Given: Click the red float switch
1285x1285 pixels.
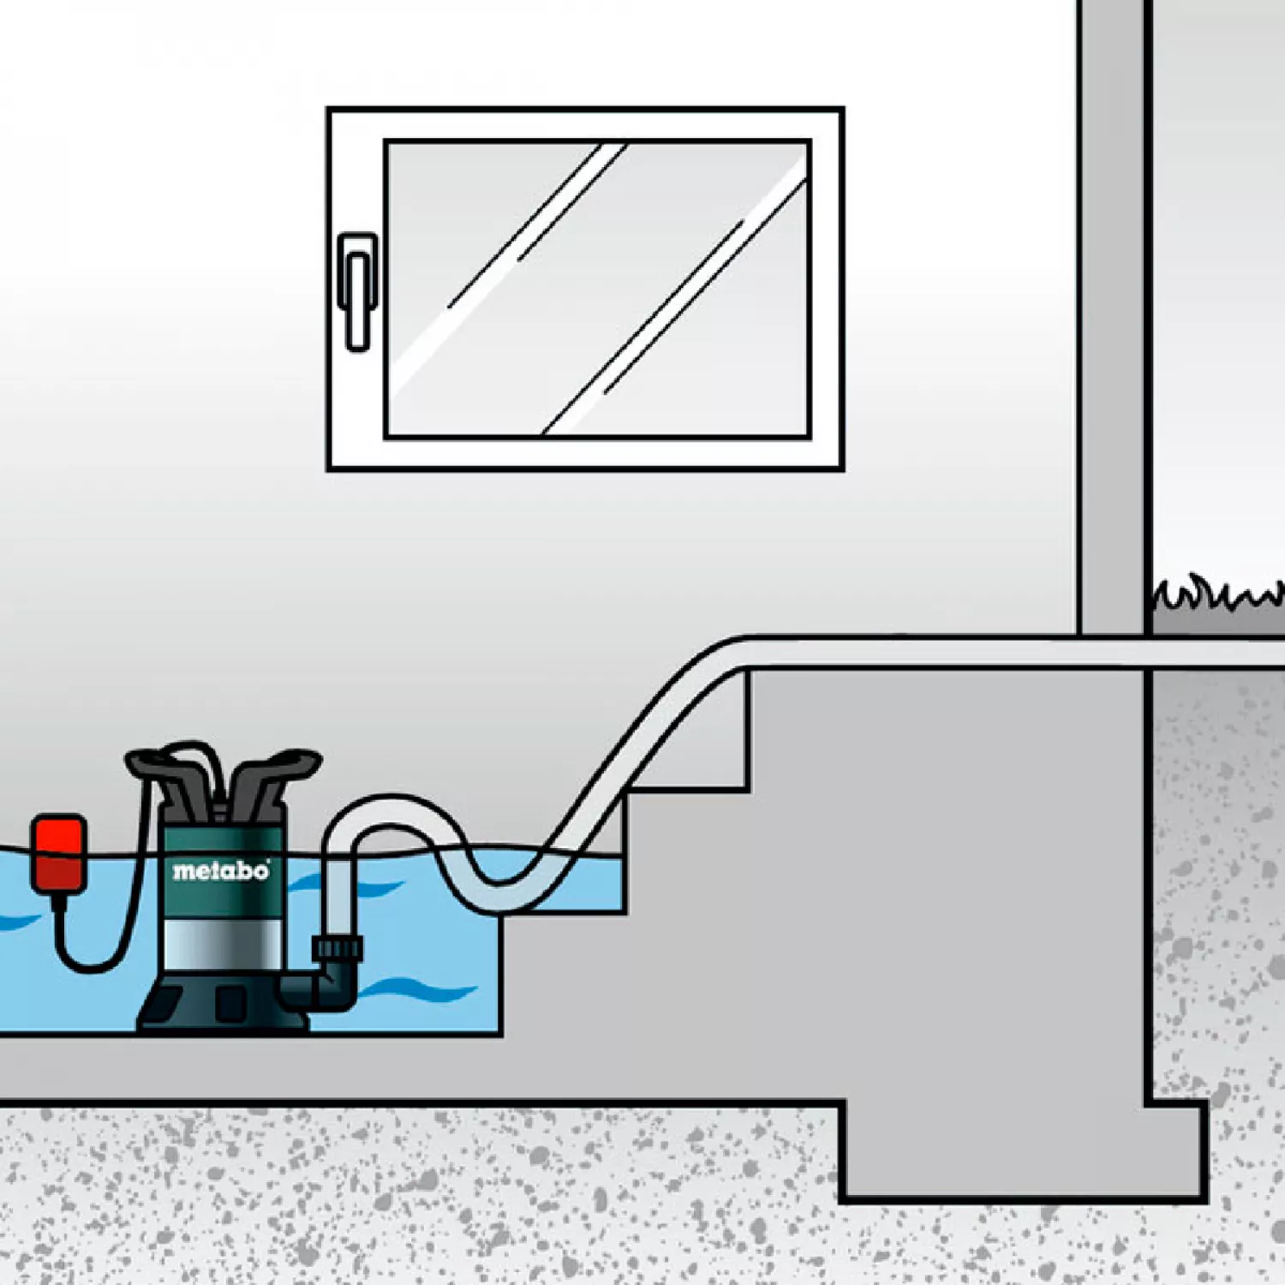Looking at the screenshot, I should pyautogui.click(x=59, y=853).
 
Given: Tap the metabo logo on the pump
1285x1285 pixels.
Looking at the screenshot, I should pyautogui.click(x=221, y=871).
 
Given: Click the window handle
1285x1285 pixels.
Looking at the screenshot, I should pyautogui.click(x=357, y=291).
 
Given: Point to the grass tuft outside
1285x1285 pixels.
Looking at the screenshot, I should pyautogui.click(x=1216, y=595).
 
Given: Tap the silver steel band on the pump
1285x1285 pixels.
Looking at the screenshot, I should pyautogui.click(x=222, y=946).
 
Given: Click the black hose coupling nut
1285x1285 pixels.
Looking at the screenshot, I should pyautogui.click(x=338, y=948).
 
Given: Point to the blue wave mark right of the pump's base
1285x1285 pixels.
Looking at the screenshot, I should pyautogui.click(x=420, y=991).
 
